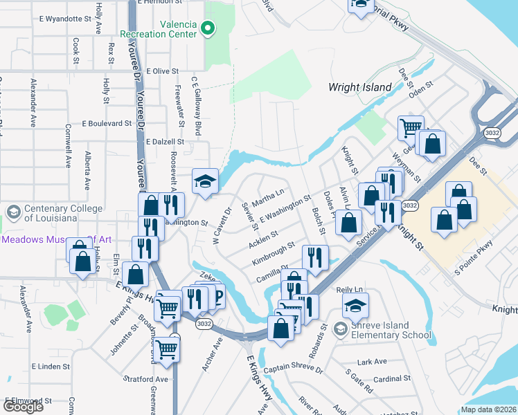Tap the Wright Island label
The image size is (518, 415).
click(359, 88)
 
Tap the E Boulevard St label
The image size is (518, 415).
click(106, 124)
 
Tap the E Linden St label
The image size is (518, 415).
click(51, 365)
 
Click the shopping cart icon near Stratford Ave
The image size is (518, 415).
click(167, 349)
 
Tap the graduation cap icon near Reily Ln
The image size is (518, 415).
click(355, 305)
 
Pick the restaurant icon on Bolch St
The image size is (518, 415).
click(315, 257)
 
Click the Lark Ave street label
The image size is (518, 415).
click(372, 362)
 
